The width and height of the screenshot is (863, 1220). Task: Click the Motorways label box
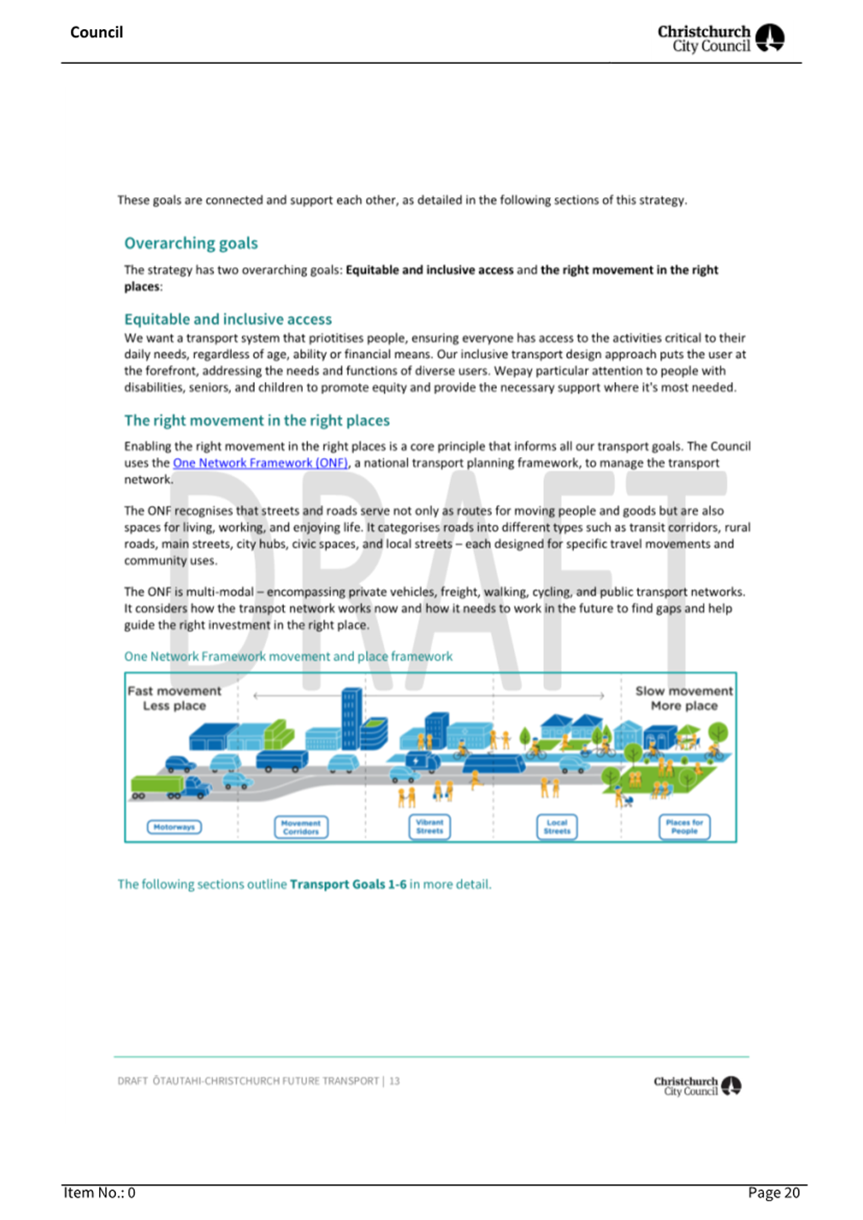click(x=174, y=827)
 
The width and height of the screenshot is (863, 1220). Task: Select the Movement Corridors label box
click(x=301, y=827)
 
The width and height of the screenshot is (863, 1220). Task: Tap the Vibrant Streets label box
click(x=430, y=826)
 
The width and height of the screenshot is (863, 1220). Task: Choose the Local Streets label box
click(x=557, y=826)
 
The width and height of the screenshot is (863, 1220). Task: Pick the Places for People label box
click(x=684, y=826)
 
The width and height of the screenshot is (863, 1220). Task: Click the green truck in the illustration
click(x=157, y=786)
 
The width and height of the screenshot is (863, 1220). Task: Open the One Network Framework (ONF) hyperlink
click(x=260, y=463)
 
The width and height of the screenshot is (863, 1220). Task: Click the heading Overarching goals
click(x=191, y=243)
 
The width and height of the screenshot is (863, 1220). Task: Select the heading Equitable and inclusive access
click(x=228, y=319)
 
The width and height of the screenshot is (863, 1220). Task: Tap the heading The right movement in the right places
click(x=257, y=420)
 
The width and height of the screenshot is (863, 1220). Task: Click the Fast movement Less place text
click(x=174, y=698)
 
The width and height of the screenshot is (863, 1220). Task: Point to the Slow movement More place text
click(x=684, y=698)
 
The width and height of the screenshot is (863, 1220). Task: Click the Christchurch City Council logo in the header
click(x=721, y=38)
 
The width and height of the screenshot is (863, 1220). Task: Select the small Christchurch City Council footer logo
click(x=697, y=1085)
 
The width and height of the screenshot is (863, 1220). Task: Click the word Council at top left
click(x=96, y=32)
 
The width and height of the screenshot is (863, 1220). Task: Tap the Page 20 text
click(x=773, y=1193)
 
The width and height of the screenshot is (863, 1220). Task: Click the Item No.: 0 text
click(x=99, y=1193)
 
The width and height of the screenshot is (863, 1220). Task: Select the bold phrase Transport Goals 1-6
click(x=348, y=884)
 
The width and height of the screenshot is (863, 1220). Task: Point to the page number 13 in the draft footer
click(x=395, y=1081)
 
